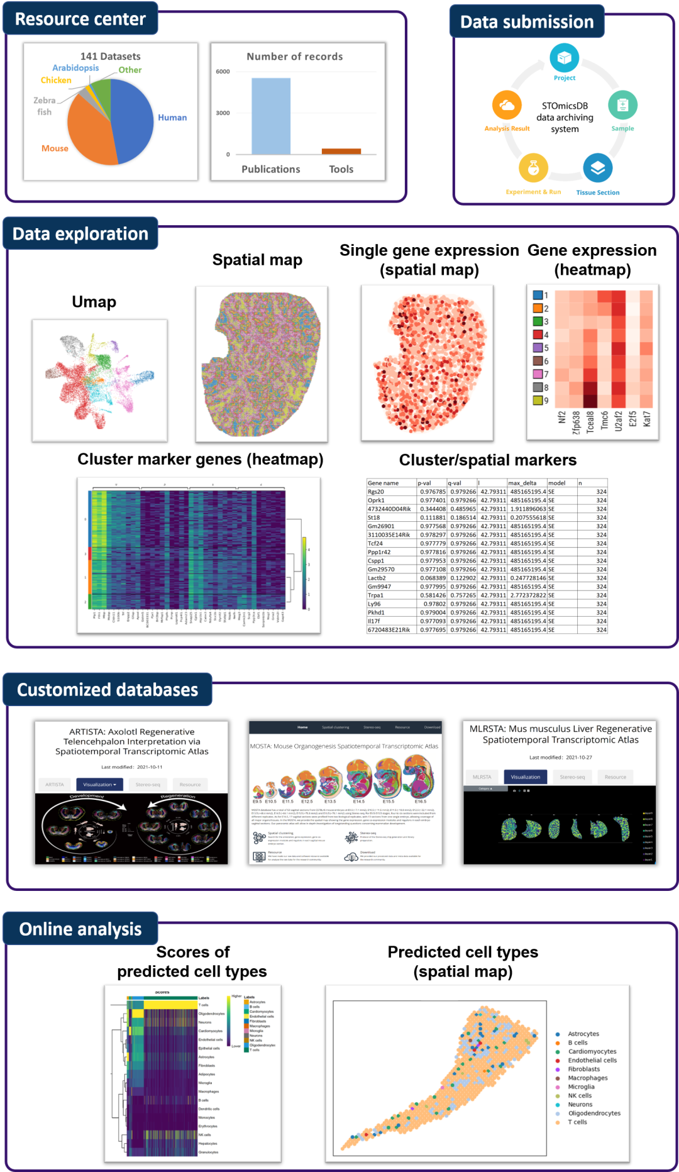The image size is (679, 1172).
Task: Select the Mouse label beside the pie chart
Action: point(55,148)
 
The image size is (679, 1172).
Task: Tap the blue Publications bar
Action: point(271,116)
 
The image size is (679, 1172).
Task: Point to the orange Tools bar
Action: point(341,152)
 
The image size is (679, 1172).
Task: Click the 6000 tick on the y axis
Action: point(223,72)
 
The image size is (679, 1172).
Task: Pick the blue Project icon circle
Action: point(564,58)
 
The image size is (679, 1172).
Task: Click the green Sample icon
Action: point(622,105)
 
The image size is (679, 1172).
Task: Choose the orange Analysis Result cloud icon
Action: point(507,105)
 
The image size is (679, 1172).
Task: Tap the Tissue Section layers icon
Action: point(597,168)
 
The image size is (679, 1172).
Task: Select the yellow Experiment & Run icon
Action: point(533,168)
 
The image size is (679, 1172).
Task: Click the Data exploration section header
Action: point(80,234)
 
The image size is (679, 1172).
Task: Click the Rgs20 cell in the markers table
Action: point(376,492)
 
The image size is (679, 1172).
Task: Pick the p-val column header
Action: point(425,483)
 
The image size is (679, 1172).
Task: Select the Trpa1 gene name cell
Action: point(376,595)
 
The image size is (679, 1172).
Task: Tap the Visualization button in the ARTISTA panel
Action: point(99,785)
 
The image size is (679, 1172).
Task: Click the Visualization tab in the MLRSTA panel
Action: point(525,777)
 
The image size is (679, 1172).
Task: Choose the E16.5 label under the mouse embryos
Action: point(421,802)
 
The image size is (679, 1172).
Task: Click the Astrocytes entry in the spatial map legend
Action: point(583,1034)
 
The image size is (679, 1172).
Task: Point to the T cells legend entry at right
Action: point(577,1122)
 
